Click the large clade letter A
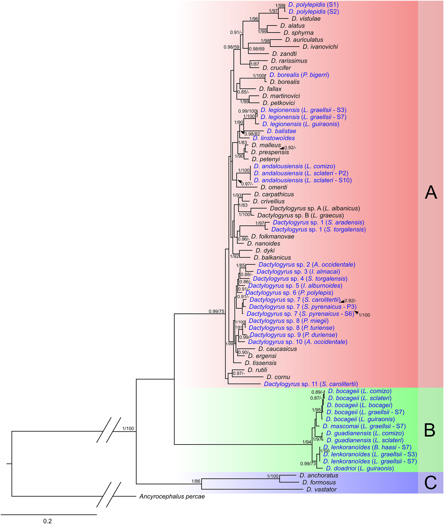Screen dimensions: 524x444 (x=431, y=193)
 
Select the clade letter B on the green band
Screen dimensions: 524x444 (x=429, y=430)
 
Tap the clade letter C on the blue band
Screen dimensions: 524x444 (x=430, y=483)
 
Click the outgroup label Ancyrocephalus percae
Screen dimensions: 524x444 (x=172, y=496)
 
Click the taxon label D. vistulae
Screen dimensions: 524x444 (x=306, y=19)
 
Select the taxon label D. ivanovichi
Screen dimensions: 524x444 (x=320, y=47)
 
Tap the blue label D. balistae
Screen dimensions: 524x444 (x=282, y=131)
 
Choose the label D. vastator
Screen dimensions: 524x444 (x=321, y=489)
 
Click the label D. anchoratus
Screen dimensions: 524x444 (x=319, y=475)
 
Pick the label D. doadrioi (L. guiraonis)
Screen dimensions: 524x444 (x=360, y=468)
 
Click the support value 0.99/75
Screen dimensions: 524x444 (x=216, y=311)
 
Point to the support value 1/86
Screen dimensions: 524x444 (x=196, y=481)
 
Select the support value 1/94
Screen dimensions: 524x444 (x=307, y=442)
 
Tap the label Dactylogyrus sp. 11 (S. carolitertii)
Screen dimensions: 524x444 (x=311, y=384)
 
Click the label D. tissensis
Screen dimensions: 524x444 (x=261, y=363)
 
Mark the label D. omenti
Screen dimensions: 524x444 (x=274, y=187)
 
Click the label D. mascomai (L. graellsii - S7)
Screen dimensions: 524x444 (x=364, y=426)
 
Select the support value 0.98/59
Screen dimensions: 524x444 (x=231, y=47)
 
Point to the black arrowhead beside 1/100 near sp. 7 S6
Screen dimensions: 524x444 (x=357, y=312)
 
